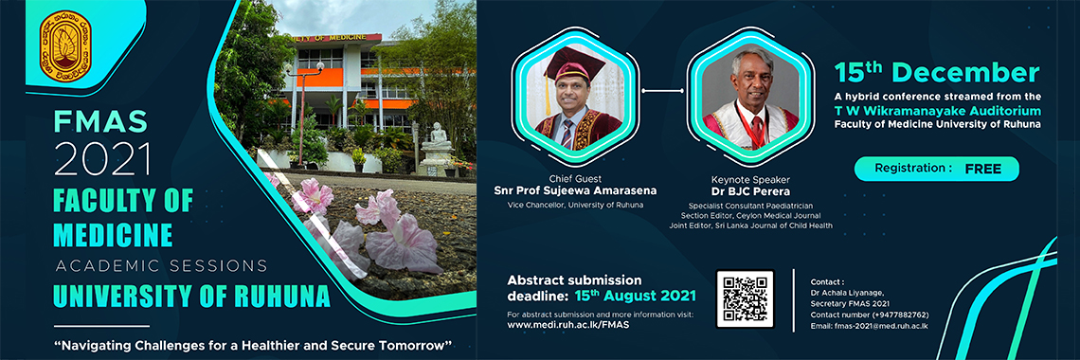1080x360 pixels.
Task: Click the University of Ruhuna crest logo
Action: pos(66,46)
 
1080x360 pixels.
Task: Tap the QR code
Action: pos(746,298)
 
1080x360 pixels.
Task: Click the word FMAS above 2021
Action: pos(100,122)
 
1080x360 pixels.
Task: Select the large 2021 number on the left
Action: pos(102,159)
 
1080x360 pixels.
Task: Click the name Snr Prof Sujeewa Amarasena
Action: pos(577,190)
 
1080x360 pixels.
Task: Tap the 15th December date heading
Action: pos(937,73)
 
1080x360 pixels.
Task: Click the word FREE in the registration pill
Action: pos(982,169)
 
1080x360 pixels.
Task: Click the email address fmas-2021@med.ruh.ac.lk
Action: pos(870,326)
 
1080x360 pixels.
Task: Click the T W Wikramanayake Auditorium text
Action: pos(938,110)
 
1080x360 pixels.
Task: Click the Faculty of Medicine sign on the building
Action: pos(334,38)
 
